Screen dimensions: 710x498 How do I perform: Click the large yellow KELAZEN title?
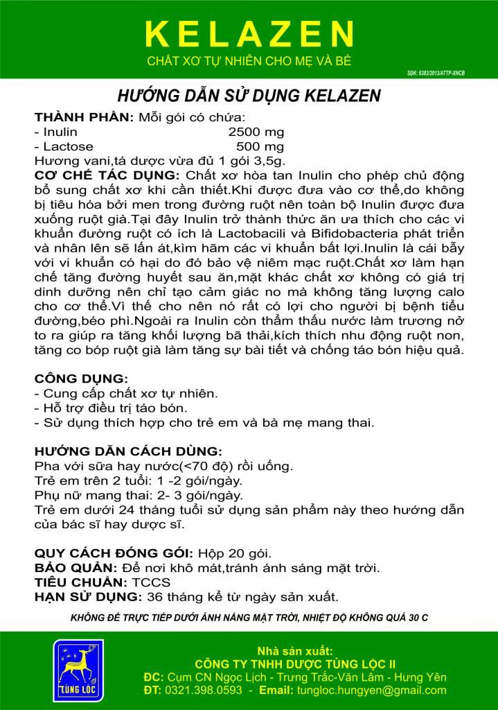(249, 33)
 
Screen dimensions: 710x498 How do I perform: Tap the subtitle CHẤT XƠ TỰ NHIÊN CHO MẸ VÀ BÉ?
(249, 61)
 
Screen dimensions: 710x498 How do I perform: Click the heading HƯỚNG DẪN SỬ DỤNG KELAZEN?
(249, 96)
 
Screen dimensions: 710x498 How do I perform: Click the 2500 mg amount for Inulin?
(256, 132)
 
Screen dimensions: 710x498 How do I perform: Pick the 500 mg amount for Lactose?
(260, 146)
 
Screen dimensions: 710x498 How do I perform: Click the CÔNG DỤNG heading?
(80, 379)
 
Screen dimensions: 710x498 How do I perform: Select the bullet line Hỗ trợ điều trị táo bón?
(112, 408)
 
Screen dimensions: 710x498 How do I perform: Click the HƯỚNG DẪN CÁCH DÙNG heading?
(128, 450)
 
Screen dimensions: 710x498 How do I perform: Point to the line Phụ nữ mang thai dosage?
(139, 495)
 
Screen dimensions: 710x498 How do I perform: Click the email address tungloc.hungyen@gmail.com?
(371, 691)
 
